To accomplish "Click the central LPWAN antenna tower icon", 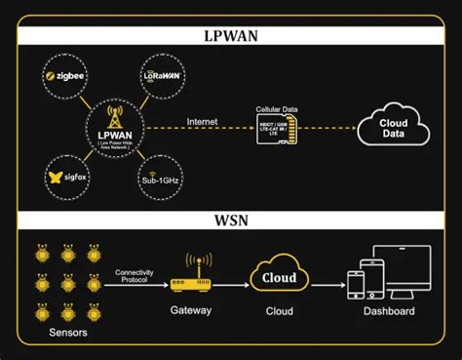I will (x=115, y=114).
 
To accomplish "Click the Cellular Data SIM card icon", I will (x=282, y=134).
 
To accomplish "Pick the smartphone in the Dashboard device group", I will (x=357, y=285).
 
